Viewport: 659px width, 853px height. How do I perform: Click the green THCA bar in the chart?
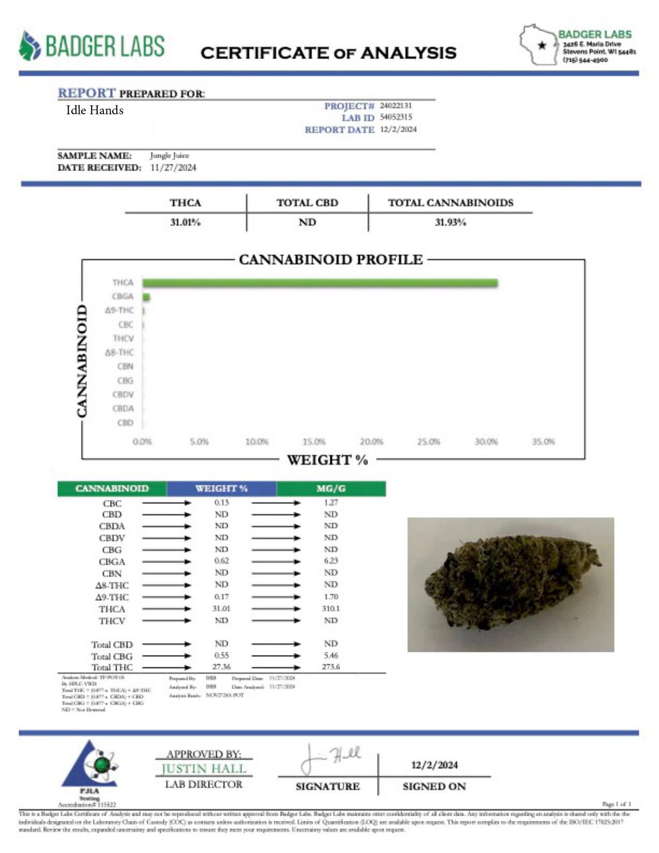pos(320,283)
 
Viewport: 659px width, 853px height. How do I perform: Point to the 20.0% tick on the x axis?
pos(371,442)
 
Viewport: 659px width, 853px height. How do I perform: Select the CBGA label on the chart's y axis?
pos(122,296)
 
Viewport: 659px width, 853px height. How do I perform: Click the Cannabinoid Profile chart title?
pos(330,260)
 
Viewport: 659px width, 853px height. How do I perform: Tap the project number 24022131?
pos(395,105)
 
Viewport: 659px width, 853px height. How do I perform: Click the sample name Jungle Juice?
pos(170,155)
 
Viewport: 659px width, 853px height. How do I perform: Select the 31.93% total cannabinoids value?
pos(450,222)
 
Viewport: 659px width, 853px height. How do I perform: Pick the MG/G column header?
pos(331,489)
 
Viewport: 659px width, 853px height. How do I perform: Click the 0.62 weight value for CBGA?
pos(221,561)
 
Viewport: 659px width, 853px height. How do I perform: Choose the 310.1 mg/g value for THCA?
pos(331,609)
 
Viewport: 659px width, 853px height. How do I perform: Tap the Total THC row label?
pos(112,667)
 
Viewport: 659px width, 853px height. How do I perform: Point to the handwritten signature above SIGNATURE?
pos(331,759)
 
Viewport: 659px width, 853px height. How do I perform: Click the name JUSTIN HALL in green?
pos(204,769)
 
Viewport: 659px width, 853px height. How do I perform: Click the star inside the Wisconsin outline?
pos(542,45)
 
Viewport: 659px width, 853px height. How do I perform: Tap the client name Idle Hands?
pos(95,110)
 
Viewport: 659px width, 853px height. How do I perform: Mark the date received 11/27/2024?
pos(173,167)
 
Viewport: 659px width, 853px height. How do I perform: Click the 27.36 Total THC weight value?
pos(221,667)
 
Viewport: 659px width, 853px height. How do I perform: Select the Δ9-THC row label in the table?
pos(112,597)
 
